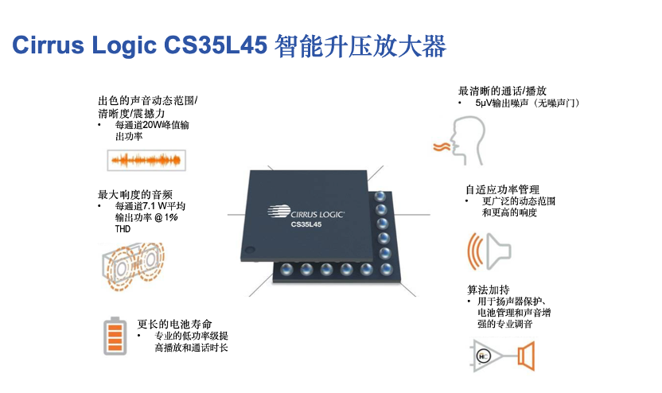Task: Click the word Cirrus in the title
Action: point(48,45)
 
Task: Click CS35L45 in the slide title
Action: point(216,45)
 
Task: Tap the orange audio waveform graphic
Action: point(146,160)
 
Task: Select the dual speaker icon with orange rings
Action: point(134,267)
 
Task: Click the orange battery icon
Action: point(115,336)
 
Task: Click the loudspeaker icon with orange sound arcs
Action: point(489,251)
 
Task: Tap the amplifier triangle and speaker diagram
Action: point(502,356)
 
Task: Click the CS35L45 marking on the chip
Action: point(306,224)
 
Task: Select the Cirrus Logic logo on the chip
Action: point(306,212)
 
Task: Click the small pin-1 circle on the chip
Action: point(250,250)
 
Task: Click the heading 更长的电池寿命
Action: point(174,325)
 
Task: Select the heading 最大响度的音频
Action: point(135,195)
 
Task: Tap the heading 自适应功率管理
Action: point(502,189)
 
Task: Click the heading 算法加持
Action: point(489,290)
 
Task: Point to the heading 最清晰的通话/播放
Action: point(502,91)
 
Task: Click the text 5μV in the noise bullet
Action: point(484,103)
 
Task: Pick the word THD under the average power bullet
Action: point(123,229)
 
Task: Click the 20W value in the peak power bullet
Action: point(150,125)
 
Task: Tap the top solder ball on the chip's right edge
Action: point(380,196)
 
